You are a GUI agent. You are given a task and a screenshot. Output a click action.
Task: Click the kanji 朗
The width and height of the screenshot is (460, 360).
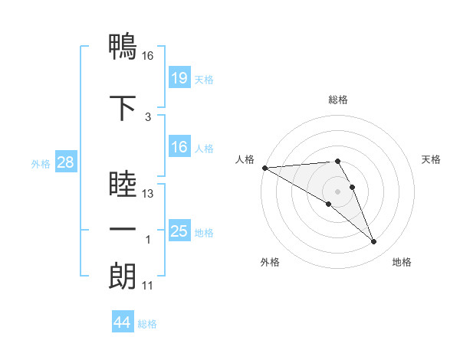123,275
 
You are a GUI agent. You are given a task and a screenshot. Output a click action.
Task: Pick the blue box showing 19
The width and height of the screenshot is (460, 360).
179,78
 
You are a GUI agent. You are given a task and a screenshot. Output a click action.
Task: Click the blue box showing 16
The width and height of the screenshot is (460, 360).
179,147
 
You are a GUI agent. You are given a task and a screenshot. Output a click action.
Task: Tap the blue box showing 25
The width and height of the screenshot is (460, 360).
179,231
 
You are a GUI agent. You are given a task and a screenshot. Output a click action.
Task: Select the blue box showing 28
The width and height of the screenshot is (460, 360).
64,162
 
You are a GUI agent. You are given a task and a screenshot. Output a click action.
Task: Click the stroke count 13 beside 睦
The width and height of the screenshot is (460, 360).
148,194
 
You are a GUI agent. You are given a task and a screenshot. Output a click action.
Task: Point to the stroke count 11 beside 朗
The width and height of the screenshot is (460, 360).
148,286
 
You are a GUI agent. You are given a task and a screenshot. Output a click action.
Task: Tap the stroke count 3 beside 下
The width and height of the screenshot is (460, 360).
148,116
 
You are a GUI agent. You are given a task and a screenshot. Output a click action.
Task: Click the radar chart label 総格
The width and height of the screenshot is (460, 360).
338,100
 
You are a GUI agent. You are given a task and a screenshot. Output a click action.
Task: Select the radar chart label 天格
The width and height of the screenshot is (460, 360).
432,159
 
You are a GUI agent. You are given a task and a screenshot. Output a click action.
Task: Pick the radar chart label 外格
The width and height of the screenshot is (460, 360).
270,262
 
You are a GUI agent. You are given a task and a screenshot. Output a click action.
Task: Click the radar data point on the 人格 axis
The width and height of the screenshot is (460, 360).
264,168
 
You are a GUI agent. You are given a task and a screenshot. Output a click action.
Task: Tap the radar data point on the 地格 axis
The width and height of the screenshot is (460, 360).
374,242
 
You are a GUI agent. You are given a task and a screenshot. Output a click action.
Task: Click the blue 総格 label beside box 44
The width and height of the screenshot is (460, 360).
147,324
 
